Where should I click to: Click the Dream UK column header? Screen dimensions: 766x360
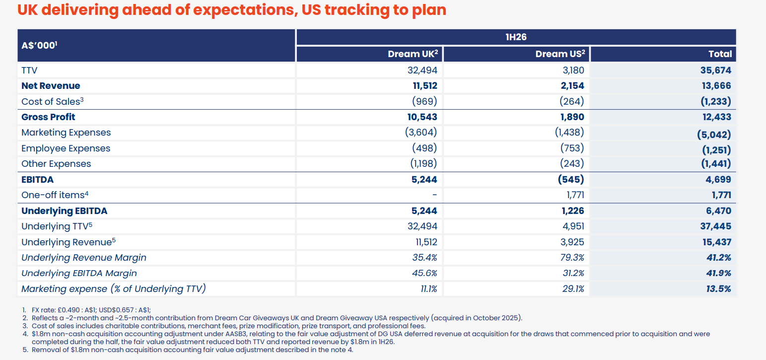(x=413, y=54)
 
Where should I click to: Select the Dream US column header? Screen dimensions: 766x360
(x=560, y=54)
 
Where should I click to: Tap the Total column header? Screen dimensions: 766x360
(x=720, y=54)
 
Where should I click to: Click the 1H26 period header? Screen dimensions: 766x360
(x=516, y=37)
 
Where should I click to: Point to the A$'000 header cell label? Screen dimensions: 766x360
(x=39, y=45)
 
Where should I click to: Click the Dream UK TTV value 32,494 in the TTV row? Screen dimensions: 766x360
(x=422, y=70)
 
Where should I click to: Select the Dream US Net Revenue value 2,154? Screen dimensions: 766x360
(x=572, y=85)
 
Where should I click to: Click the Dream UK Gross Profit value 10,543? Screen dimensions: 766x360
(x=422, y=117)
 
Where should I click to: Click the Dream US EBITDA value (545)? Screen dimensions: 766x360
(x=571, y=179)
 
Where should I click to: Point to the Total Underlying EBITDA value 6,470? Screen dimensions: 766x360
(x=718, y=211)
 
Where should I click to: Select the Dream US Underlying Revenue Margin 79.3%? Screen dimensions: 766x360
(x=572, y=257)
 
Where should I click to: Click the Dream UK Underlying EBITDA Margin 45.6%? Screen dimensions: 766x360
(x=424, y=273)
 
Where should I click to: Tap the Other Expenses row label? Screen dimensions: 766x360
(x=56, y=163)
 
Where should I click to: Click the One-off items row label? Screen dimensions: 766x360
(x=55, y=195)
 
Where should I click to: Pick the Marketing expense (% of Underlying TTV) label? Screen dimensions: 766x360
(x=114, y=289)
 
